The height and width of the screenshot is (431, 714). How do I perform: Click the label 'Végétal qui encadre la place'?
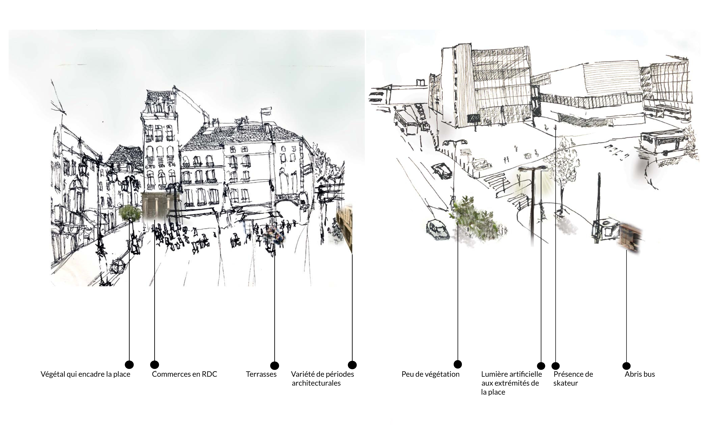[x=85, y=374]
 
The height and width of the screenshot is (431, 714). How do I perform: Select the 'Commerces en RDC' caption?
[x=184, y=374]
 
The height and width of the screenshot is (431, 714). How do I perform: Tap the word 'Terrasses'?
[x=261, y=374]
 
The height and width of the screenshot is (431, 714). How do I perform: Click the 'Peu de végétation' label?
[x=430, y=374]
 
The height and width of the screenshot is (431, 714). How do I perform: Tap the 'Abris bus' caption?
[x=640, y=374]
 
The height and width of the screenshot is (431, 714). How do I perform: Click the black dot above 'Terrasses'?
[x=274, y=366]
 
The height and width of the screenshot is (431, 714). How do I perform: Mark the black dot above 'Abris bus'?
[x=626, y=366]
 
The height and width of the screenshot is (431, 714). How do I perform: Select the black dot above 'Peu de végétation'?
[x=458, y=364]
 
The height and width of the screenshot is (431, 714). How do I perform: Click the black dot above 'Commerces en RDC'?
[x=155, y=365]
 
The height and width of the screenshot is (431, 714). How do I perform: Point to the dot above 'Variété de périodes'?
[x=352, y=365]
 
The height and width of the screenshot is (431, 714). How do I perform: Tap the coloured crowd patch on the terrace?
[x=274, y=234]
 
